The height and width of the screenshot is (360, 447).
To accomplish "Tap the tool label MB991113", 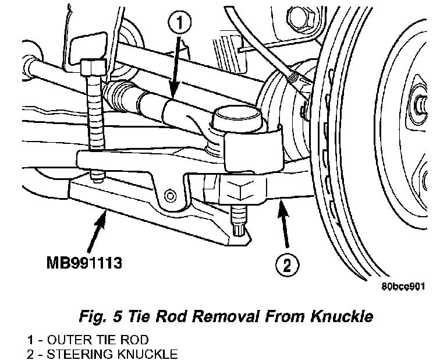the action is [x=84, y=264].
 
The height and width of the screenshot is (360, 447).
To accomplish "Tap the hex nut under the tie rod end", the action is [x=242, y=190].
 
